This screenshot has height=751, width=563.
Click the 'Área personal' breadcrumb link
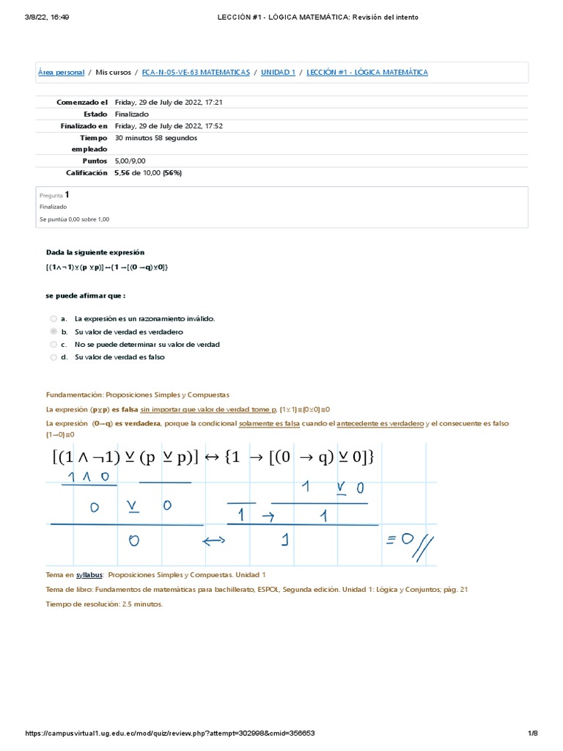point(61,73)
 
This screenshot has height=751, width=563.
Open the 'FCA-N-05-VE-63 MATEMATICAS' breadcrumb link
point(195,73)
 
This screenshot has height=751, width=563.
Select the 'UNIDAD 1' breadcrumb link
point(278,73)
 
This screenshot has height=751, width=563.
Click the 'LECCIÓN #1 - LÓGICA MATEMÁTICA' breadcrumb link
point(367,73)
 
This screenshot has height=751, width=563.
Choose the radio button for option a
point(54,319)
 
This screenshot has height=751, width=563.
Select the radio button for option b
point(54,331)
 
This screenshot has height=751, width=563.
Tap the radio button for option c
point(54,344)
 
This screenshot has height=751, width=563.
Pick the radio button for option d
point(54,357)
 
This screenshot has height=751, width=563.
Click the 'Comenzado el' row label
point(82,103)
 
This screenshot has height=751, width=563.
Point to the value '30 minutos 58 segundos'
point(155,137)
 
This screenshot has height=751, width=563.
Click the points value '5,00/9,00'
point(130,161)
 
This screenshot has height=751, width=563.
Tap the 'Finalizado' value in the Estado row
point(132,114)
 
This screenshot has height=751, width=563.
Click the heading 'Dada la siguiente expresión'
point(95,252)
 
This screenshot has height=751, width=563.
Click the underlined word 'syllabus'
point(89,575)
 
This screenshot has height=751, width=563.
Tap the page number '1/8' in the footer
point(533,733)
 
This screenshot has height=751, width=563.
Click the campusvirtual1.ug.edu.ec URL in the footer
point(170,733)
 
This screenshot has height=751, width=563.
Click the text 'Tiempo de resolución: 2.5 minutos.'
point(104,604)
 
